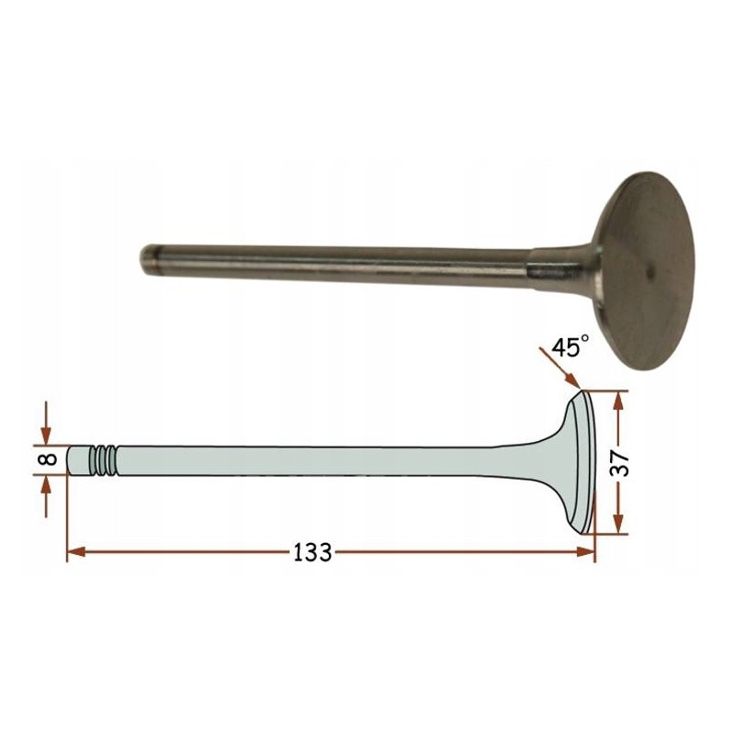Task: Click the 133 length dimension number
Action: coord(312,552)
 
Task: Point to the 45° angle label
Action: coord(570,347)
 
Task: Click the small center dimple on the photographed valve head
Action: coord(650,270)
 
